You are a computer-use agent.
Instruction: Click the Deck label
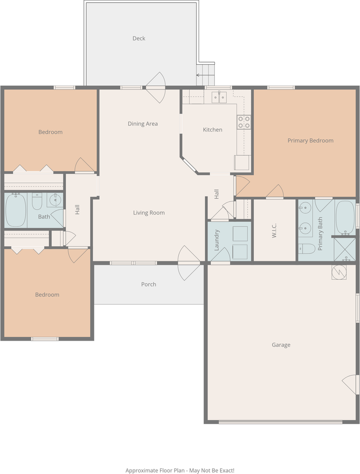[x=139, y=39]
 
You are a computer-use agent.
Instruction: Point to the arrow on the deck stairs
[x=201, y=76]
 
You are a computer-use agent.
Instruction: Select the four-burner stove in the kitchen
[x=243, y=122]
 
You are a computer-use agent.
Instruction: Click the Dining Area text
[x=143, y=124]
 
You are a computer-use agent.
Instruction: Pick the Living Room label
[x=149, y=213]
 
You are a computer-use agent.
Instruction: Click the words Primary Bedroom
[x=310, y=141]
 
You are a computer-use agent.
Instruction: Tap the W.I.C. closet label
[x=275, y=231]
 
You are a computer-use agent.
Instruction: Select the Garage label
[x=281, y=345]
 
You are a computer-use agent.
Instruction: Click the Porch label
[x=149, y=284]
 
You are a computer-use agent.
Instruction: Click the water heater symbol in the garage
[x=339, y=272]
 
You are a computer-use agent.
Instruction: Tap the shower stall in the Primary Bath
[x=344, y=249]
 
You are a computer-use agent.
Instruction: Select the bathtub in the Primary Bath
[x=345, y=217]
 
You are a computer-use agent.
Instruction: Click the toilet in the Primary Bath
[x=307, y=248]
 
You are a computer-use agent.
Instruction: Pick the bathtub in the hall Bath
[x=15, y=210]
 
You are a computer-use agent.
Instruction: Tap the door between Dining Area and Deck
[x=156, y=87]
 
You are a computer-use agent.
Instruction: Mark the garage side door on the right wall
[x=351, y=384]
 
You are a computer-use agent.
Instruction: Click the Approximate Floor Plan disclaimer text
[x=180, y=471]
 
